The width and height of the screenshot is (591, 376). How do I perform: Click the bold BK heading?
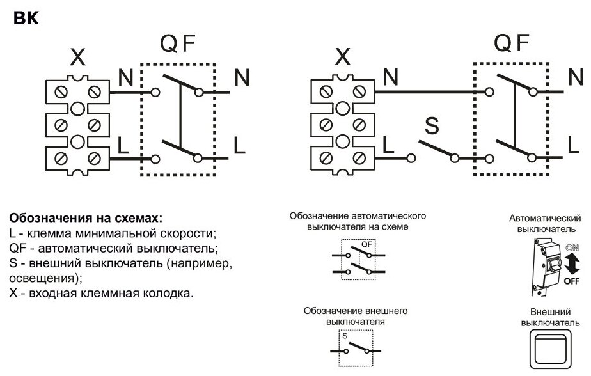click(26, 19)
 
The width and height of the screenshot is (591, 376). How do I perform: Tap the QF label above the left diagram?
click(177, 45)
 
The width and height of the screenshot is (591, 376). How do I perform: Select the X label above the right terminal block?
click(343, 58)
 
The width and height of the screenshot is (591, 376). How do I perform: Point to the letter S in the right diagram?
click(432, 127)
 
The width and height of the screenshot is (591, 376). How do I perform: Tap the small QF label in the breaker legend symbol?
click(366, 244)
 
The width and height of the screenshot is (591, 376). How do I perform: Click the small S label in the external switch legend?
click(344, 334)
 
